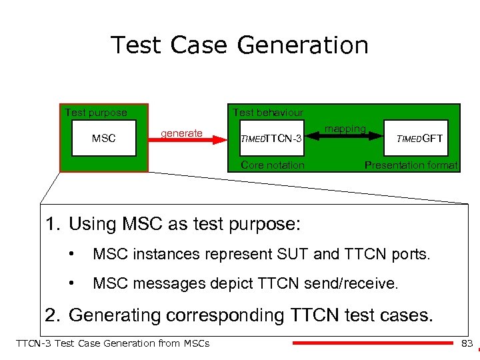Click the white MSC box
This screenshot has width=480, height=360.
103,138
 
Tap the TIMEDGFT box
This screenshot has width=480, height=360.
419,138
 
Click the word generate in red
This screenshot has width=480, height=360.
181,133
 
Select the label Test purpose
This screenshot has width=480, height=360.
96,112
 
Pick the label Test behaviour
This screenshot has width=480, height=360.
267,112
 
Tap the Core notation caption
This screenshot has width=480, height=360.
273,165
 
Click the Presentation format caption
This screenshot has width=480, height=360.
411,165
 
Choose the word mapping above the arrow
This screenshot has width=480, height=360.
345,128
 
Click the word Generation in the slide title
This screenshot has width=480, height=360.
302,45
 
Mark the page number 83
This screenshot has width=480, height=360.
467,343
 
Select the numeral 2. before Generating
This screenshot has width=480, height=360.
53,314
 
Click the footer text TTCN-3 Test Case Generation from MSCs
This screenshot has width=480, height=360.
112,343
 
